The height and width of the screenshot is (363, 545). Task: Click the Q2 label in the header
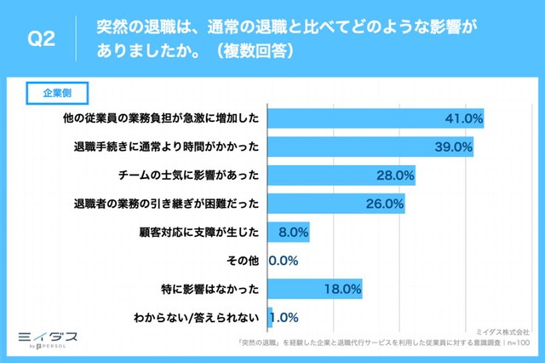[42, 40]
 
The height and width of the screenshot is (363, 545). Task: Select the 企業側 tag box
[59, 91]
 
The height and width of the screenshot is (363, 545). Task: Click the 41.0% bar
[376, 118]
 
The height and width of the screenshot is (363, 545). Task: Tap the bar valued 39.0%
[371, 147]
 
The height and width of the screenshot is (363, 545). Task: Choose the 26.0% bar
[336, 204]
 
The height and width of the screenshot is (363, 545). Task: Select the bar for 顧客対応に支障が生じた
[289, 232]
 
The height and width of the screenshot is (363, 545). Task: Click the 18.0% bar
[315, 289]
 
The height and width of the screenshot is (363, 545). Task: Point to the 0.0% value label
[283, 261]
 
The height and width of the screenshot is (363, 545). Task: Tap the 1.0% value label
[284, 318]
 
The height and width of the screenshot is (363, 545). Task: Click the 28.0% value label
[394, 176]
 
